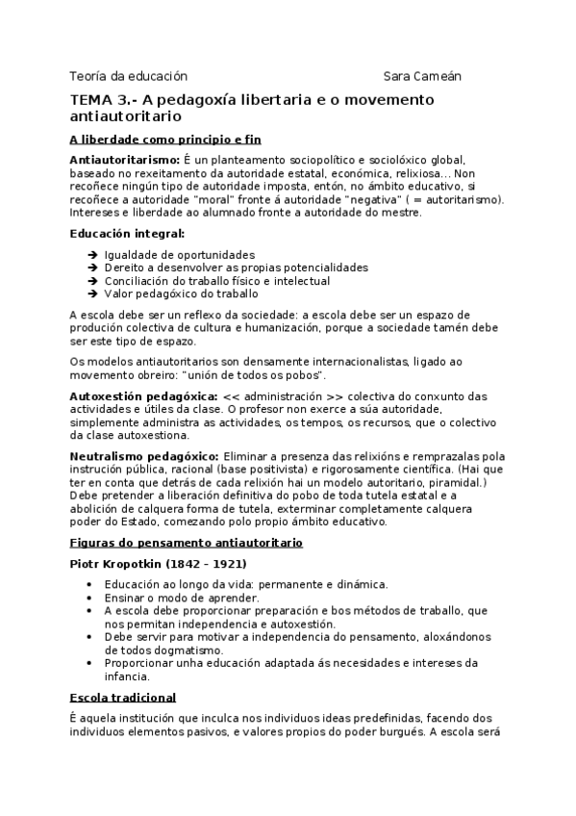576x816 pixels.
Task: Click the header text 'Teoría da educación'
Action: (x=128, y=76)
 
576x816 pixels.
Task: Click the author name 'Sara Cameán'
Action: (x=422, y=76)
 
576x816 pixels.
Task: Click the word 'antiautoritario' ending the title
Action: (x=126, y=116)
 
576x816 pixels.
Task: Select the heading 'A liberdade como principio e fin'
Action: (x=165, y=139)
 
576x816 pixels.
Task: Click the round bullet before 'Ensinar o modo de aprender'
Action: (x=89, y=598)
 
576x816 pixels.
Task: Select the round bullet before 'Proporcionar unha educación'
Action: (x=89, y=664)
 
